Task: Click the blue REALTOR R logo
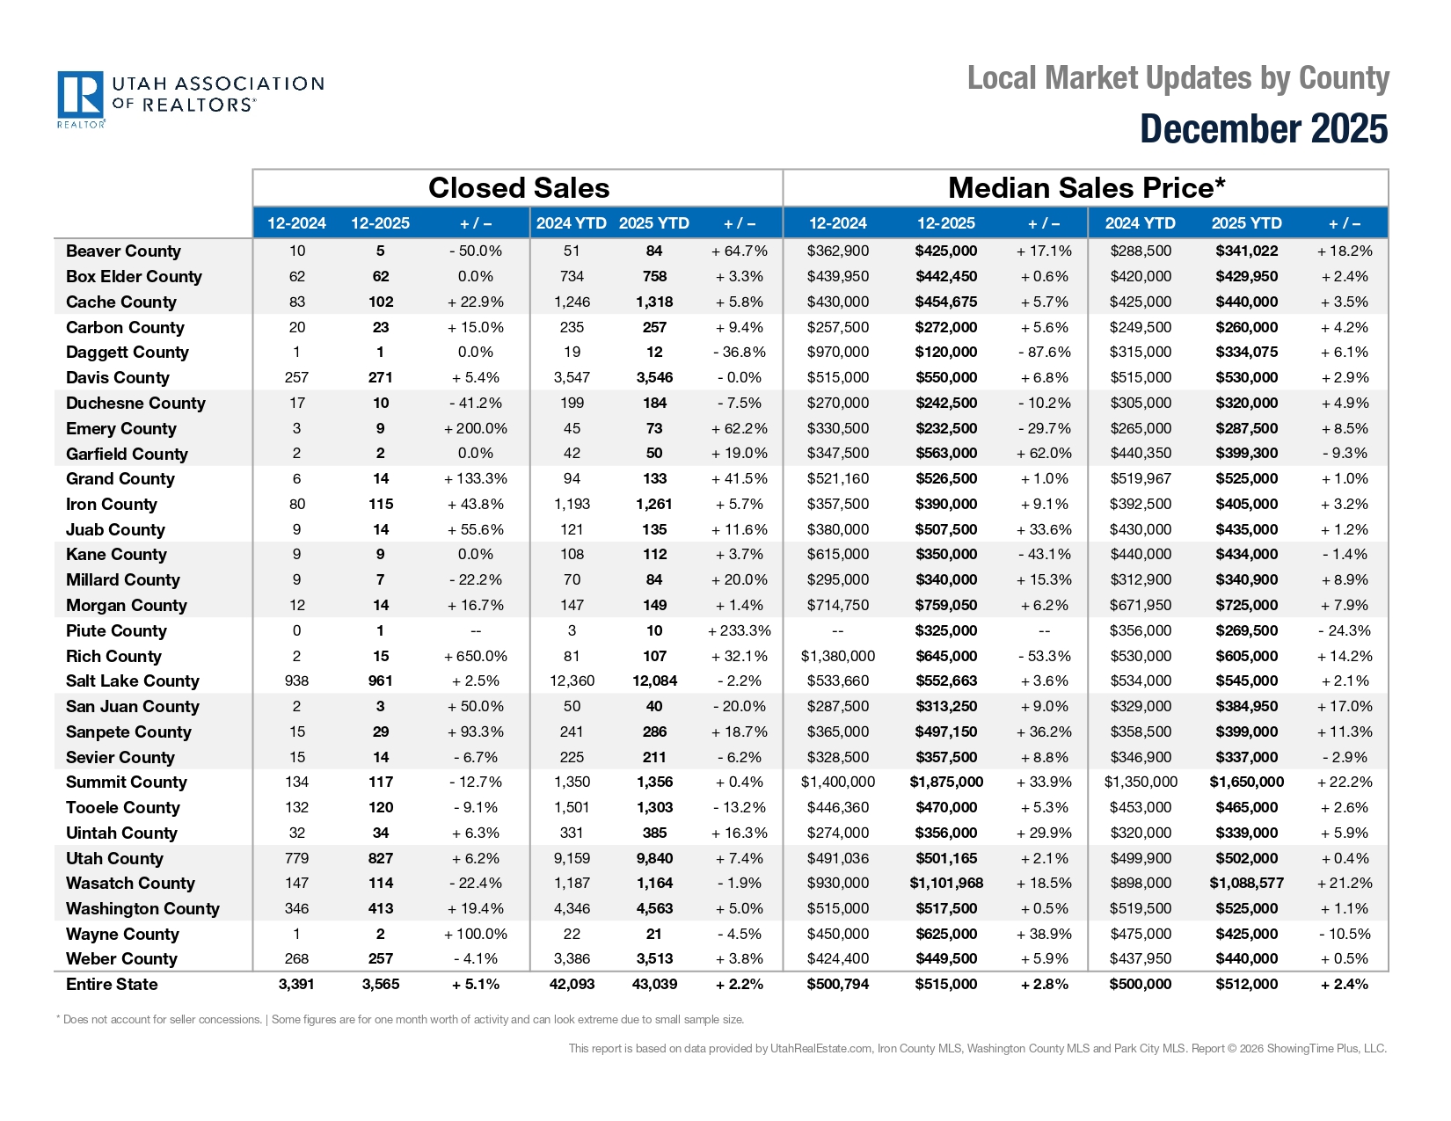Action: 80,95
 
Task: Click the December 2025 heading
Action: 1264,129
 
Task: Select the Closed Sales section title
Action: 518,188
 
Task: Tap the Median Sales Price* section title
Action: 1086,188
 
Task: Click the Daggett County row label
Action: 128,353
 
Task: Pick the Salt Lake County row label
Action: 133,681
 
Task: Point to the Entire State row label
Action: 112,985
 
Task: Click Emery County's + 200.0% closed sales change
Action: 476,429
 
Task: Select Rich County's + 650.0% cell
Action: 476,657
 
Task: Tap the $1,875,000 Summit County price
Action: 946,783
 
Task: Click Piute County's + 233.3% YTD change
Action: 739,631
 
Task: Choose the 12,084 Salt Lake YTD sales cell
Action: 654,681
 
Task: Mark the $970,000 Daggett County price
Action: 837,353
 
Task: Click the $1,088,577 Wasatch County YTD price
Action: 1246,884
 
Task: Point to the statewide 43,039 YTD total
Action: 654,985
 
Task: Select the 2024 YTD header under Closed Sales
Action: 571,223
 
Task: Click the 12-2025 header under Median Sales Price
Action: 946,223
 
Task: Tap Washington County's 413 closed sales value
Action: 381,909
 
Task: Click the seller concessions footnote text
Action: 400,1020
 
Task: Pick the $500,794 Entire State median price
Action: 837,985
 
